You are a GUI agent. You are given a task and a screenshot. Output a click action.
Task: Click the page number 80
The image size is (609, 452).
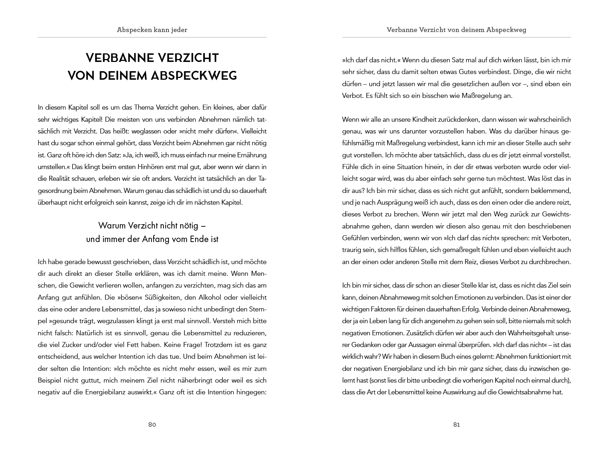pyautogui.click(x=152, y=424)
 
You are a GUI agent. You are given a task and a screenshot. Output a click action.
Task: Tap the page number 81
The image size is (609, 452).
pyautogui.click(x=456, y=424)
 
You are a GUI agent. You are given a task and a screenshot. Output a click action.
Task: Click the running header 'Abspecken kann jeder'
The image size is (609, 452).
pyautogui.click(x=152, y=30)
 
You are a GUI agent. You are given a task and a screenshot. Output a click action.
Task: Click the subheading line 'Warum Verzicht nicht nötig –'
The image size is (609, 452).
pyautogui.click(x=152, y=226)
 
